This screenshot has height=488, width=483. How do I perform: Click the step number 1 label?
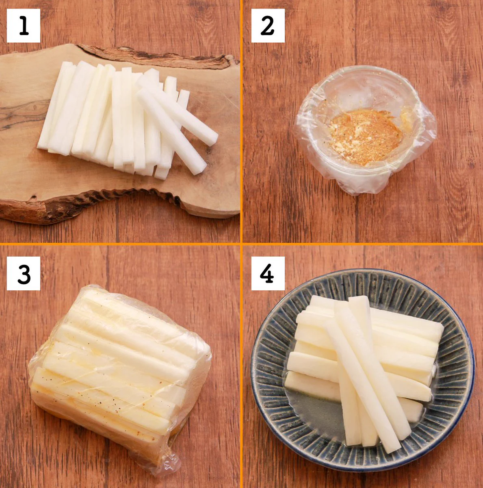(x=23, y=26)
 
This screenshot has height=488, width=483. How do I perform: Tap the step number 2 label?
(x=268, y=26)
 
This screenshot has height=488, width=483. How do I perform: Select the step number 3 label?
(x=23, y=273)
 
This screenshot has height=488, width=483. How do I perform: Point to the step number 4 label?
(x=268, y=273)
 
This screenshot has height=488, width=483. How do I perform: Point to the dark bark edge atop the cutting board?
(x=157, y=57)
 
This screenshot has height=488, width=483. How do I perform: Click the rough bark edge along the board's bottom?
(x=84, y=203)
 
